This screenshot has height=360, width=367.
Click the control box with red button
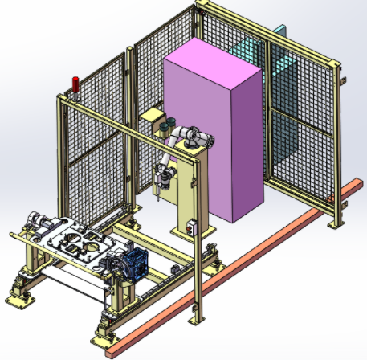(x=192, y=227)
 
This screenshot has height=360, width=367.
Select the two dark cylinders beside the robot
(x=166, y=127)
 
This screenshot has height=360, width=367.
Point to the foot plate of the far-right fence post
(x=336, y=222)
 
